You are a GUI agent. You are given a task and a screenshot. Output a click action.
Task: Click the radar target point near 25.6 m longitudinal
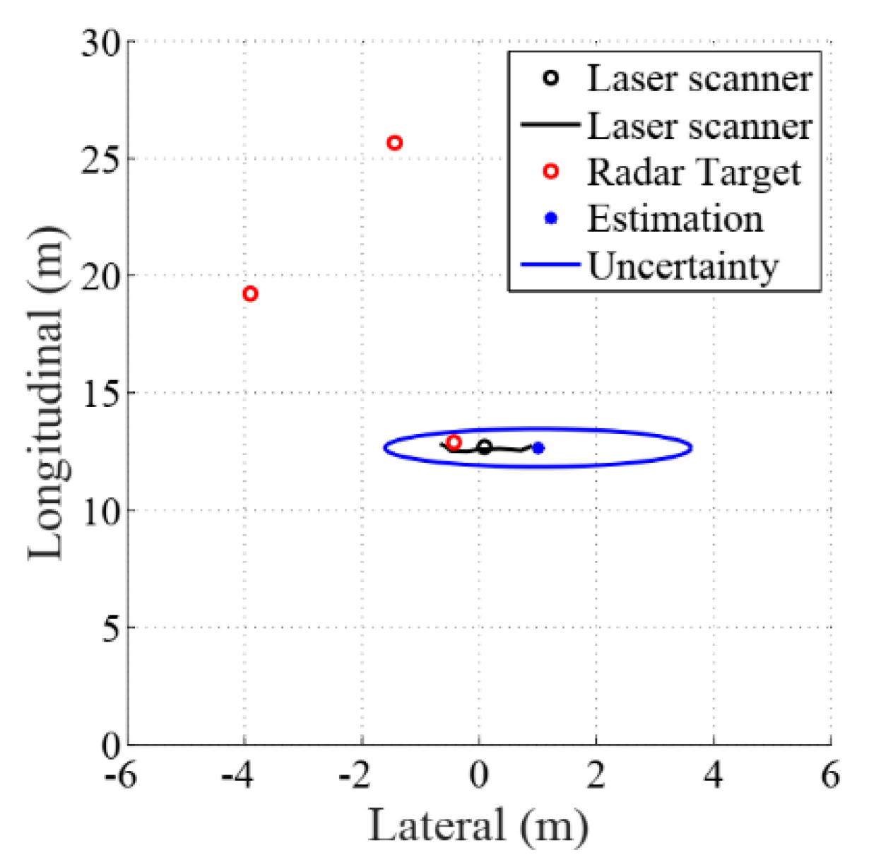pyautogui.click(x=395, y=143)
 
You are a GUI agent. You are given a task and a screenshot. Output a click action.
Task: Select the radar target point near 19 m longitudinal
pyautogui.click(x=250, y=294)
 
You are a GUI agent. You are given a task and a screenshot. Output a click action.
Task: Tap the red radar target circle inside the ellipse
pyautogui.click(x=454, y=442)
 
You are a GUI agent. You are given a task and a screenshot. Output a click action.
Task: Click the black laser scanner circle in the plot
pyautogui.click(x=485, y=447)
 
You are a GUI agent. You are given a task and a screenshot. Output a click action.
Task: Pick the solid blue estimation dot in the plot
pyautogui.click(x=538, y=448)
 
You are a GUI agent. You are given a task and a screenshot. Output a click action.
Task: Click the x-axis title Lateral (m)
pyautogui.click(x=478, y=825)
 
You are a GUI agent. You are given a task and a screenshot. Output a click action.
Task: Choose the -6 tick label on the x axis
pyautogui.click(x=120, y=776)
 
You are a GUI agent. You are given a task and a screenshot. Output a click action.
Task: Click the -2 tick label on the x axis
pyautogui.click(x=355, y=776)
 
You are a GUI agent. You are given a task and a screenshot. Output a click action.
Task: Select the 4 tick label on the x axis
pyautogui.click(x=714, y=776)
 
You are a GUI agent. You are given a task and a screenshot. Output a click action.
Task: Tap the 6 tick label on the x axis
pyautogui.click(x=831, y=776)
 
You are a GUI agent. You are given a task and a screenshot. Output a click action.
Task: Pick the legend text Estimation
pyautogui.click(x=675, y=219)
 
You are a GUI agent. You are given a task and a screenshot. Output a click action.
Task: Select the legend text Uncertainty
pyautogui.click(x=683, y=266)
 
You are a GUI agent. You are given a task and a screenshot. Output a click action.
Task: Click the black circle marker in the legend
pyautogui.click(x=550, y=78)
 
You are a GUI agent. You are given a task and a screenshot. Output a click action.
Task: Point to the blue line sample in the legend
pyautogui.click(x=550, y=266)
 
